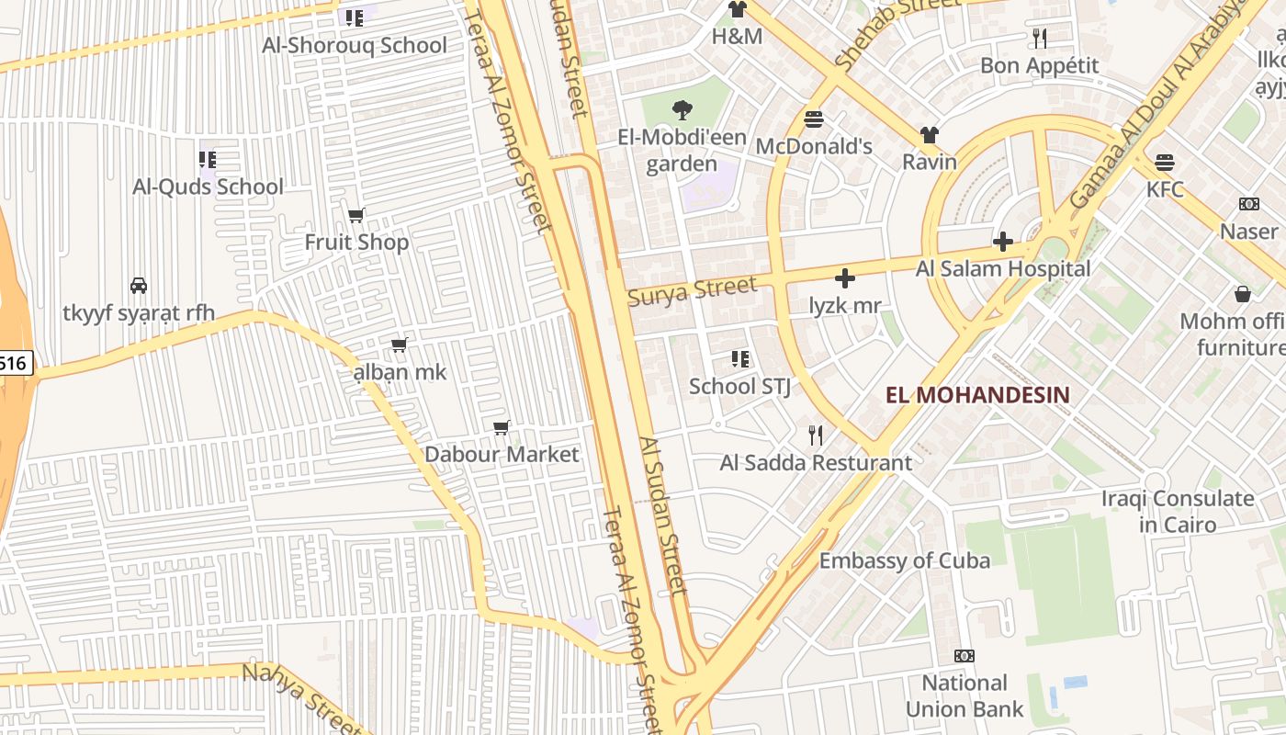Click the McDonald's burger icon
[x=814, y=119]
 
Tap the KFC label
[x=1165, y=190]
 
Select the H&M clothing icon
[x=737, y=10]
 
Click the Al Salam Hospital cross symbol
[x=1003, y=242]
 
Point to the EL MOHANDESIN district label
[x=977, y=395]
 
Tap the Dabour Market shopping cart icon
[x=502, y=427]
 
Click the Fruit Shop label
[x=356, y=243]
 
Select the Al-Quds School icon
[x=208, y=160]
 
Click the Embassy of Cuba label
[x=905, y=560]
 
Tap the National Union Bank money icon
[x=964, y=656]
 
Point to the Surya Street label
[x=693, y=290]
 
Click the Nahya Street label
[x=299, y=698]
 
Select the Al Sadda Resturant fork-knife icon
[x=815, y=435]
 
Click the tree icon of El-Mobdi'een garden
[x=682, y=111]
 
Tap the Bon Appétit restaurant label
[x=1039, y=65]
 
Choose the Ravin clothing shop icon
[x=930, y=135]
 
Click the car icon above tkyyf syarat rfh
[x=139, y=286]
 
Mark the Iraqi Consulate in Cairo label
[x=1178, y=512]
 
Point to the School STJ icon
[x=740, y=359]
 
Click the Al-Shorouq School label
[x=355, y=45]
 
